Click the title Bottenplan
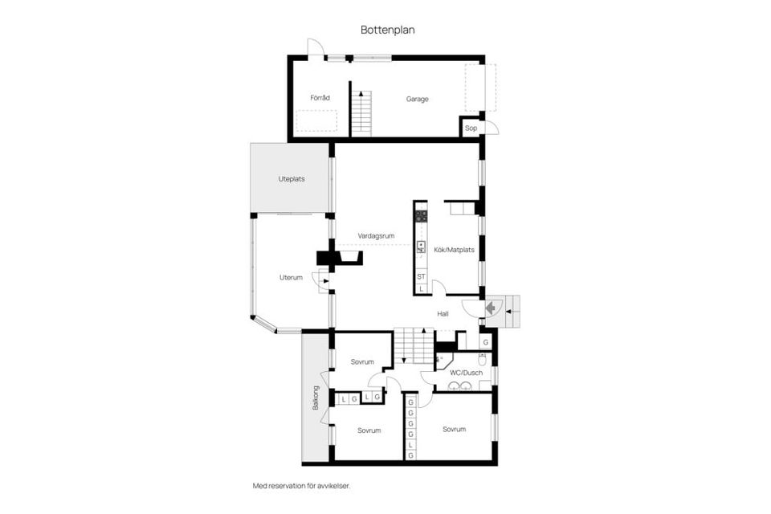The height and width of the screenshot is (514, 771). (387, 30)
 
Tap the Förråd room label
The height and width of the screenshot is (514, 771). (320, 98)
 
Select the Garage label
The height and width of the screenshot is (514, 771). (417, 99)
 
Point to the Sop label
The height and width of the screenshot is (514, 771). (471, 128)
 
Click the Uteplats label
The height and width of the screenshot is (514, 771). (292, 179)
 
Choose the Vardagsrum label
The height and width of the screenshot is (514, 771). (376, 236)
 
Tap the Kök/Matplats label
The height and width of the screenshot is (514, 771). (454, 250)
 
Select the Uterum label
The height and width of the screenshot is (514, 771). (291, 277)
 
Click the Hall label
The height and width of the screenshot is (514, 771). (443, 314)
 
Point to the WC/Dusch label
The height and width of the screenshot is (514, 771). (466, 373)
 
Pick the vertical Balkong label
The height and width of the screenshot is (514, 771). (316, 398)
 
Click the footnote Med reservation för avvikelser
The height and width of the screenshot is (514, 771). (301, 486)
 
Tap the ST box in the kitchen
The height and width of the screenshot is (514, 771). (421, 277)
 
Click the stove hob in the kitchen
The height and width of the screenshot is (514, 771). (421, 215)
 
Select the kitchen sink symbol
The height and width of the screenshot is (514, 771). (421, 247)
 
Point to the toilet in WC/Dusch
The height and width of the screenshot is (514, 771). (483, 360)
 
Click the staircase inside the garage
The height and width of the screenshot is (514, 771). (361, 113)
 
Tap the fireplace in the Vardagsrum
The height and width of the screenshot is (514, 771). (339, 259)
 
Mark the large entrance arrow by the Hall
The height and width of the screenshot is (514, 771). (490, 308)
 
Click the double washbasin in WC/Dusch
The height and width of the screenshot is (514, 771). (459, 386)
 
